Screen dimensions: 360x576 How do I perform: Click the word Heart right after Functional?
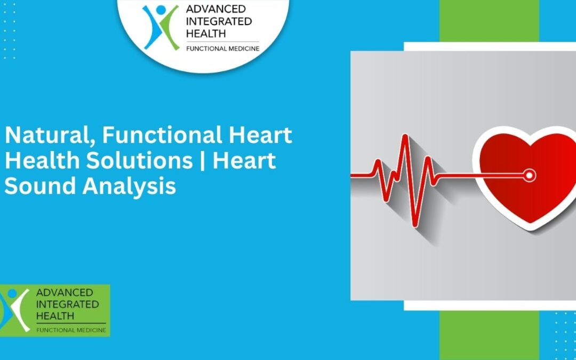tap(261, 135)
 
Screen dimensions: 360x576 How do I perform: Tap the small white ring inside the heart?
tap(529, 174)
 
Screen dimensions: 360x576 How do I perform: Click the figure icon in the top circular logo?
tap(161, 27)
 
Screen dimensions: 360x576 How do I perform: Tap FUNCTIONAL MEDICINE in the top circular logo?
tap(222, 49)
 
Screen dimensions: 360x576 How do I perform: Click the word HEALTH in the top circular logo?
tap(205, 33)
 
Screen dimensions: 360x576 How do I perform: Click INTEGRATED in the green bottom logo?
tap(67, 304)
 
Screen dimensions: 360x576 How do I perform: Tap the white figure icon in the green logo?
tap(16, 310)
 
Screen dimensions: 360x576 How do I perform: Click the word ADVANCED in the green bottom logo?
tap(64, 292)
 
